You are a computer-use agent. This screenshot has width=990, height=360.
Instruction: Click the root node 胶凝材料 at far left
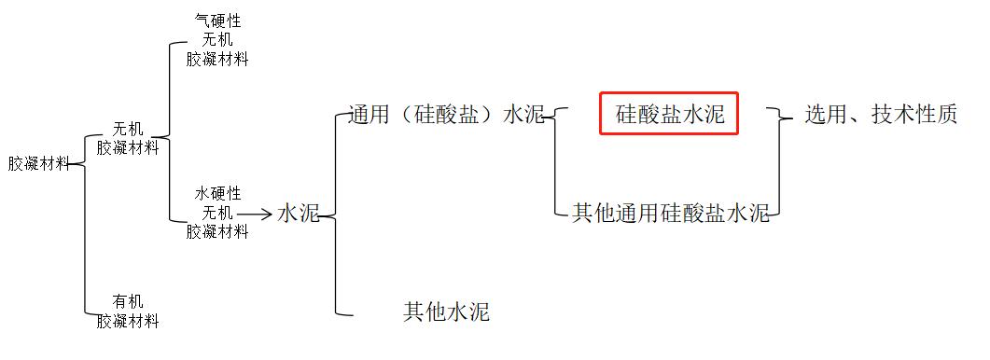click(38, 164)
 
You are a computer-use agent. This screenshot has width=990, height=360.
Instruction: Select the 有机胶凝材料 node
click(128, 312)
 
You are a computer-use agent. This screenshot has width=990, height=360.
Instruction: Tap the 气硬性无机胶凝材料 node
click(217, 40)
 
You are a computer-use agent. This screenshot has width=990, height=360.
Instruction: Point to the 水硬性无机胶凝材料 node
click(217, 213)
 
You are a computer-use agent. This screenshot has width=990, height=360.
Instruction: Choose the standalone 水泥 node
click(299, 214)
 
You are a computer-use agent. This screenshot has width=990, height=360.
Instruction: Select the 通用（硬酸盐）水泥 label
click(446, 114)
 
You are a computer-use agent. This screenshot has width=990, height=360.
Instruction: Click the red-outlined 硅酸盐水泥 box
click(669, 114)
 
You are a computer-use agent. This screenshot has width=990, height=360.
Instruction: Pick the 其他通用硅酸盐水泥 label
click(670, 214)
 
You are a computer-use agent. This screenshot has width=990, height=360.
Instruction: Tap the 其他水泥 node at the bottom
click(446, 312)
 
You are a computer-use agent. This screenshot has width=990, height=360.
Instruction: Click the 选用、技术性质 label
click(881, 114)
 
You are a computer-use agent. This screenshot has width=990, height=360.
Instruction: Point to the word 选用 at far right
click(826, 114)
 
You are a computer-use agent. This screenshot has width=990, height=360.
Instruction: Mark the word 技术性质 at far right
click(914, 114)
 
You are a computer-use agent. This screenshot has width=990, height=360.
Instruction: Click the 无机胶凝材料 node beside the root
click(128, 138)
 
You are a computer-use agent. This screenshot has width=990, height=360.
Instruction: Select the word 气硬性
click(217, 21)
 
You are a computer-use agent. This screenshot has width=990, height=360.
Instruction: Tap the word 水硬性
click(217, 193)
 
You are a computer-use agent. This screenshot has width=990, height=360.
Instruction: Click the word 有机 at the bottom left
click(128, 301)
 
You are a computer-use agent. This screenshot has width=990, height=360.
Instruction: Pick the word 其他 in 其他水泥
click(425, 312)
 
